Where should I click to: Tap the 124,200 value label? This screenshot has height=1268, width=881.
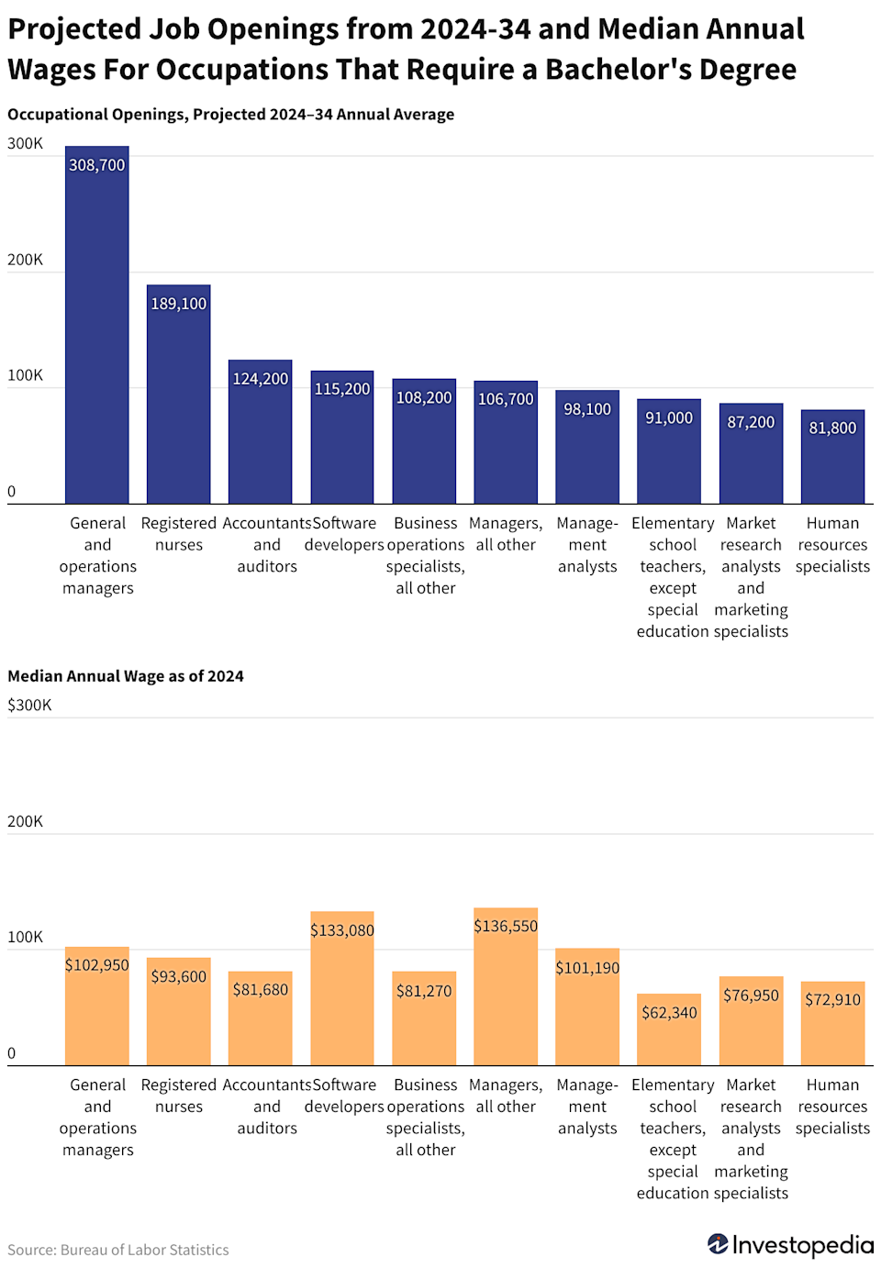click(260, 379)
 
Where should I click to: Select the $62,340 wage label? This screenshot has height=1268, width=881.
click(669, 1013)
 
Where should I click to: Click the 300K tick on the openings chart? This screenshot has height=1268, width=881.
click(25, 144)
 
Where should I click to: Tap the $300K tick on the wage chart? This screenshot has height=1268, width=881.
click(29, 706)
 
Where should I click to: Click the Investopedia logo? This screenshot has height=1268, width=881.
click(790, 1245)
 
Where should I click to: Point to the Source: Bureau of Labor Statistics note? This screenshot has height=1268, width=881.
click(118, 1250)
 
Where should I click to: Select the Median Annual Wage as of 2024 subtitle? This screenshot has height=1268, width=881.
click(126, 676)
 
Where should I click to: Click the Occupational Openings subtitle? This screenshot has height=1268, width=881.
click(230, 115)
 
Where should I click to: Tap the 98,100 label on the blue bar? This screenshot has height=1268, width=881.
click(587, 409)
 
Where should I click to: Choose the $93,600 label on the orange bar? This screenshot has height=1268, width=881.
click(178, 977)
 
